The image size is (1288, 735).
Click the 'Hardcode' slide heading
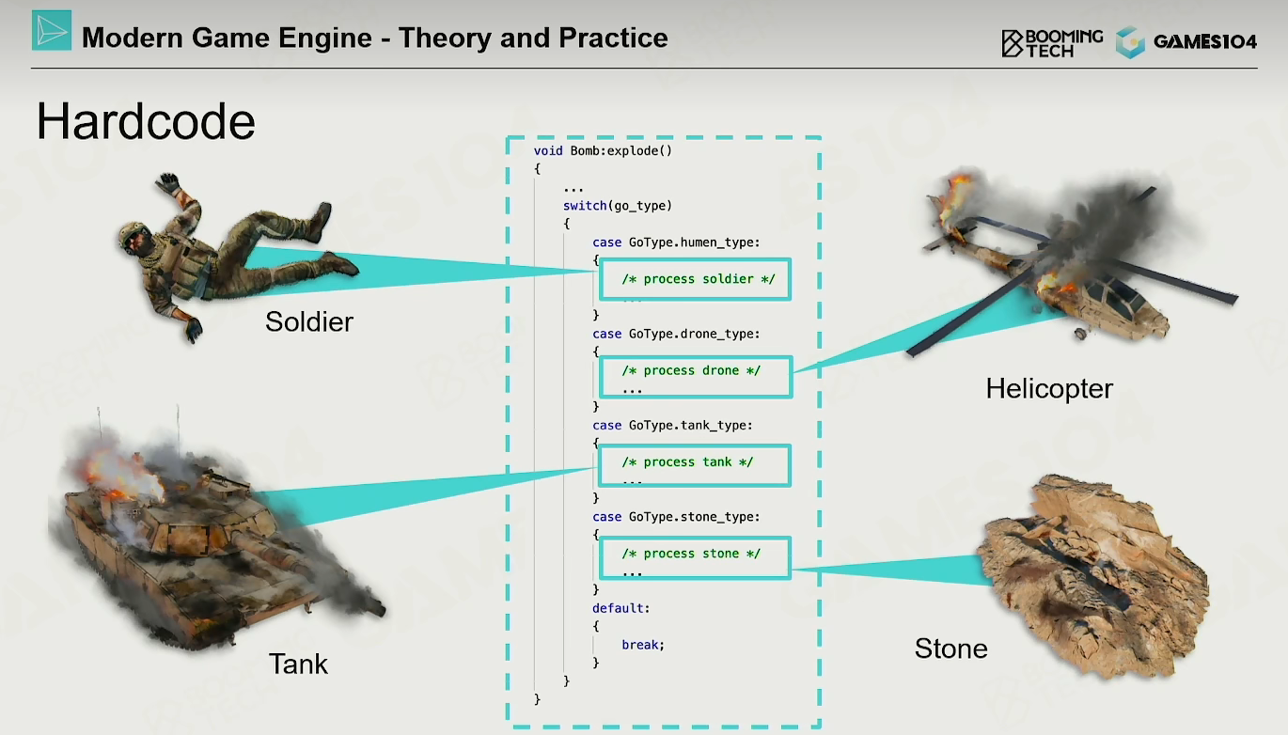146,121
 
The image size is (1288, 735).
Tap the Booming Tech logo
1052,43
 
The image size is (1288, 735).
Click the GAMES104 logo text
1204,42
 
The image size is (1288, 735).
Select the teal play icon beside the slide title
52,30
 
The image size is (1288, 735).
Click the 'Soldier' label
309,321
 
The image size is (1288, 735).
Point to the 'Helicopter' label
1049,388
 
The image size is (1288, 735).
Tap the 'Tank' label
298,664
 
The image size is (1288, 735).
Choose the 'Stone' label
951,649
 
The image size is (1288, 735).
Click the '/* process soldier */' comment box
695,279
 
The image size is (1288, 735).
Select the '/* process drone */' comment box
696,377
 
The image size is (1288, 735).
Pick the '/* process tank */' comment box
695,465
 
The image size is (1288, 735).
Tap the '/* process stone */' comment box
695,557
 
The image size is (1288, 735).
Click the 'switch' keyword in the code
585,206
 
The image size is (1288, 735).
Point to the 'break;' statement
643,645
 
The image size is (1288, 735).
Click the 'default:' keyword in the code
621,608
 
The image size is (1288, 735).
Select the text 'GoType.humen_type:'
694,242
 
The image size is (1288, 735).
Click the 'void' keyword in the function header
548,150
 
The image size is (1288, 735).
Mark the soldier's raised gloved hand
168,182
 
